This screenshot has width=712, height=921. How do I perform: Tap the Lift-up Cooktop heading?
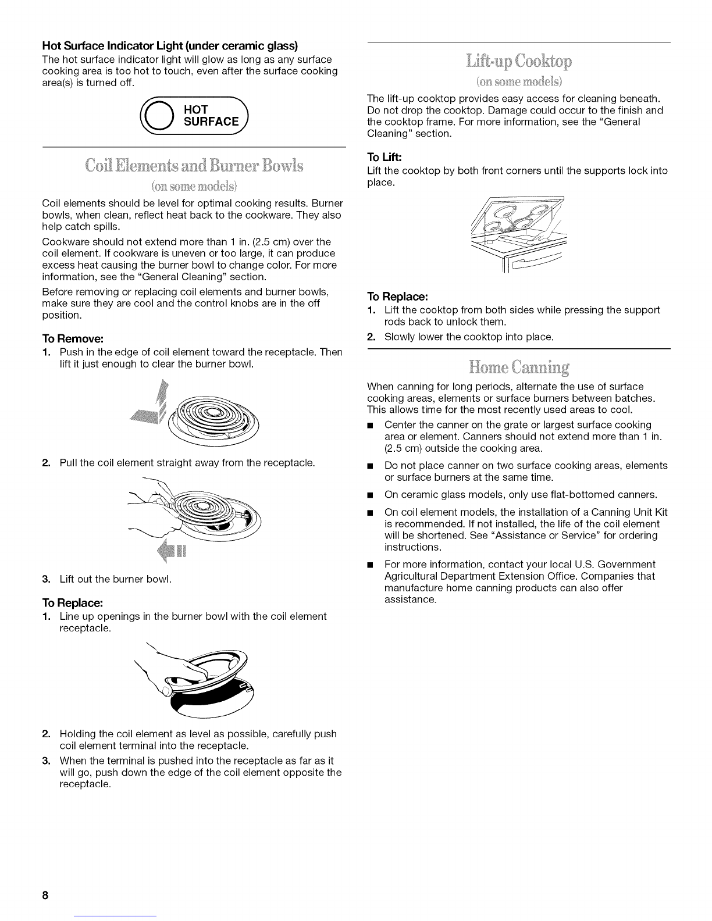(x=518, y=60)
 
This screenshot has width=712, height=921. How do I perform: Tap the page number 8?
(x=44, y=896)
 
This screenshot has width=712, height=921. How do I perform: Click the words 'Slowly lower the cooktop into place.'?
(x=469, y=337)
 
